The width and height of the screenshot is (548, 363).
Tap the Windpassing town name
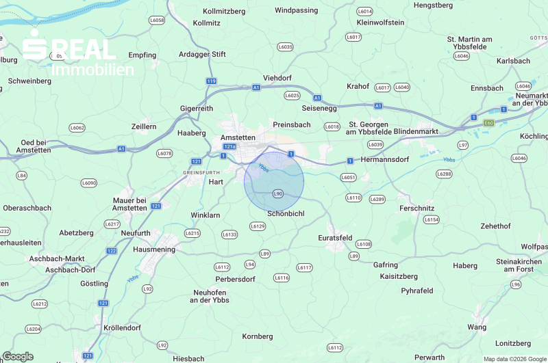point(296,10)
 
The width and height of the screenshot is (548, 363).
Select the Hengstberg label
point(434,5)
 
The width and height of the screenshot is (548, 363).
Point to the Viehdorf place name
point(277,78)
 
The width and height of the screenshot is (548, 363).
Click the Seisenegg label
point(319,108)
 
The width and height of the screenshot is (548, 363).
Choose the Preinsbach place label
point(292,124)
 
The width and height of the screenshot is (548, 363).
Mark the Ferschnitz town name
point(416,206)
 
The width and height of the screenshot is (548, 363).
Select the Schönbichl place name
point(286,213)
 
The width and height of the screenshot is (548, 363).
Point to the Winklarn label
point(206,215)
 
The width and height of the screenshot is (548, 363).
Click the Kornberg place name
point(258,336)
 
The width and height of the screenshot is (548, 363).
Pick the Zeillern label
point(144,126)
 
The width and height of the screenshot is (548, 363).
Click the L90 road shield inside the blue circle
point(277,194)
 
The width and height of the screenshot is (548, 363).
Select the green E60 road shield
point(488,122)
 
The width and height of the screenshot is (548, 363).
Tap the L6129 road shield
point(258,226)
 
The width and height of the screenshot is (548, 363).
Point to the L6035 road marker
point(285,46)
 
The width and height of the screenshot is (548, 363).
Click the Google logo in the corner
point(17,356)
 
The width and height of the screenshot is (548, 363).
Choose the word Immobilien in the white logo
point(93,70)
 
